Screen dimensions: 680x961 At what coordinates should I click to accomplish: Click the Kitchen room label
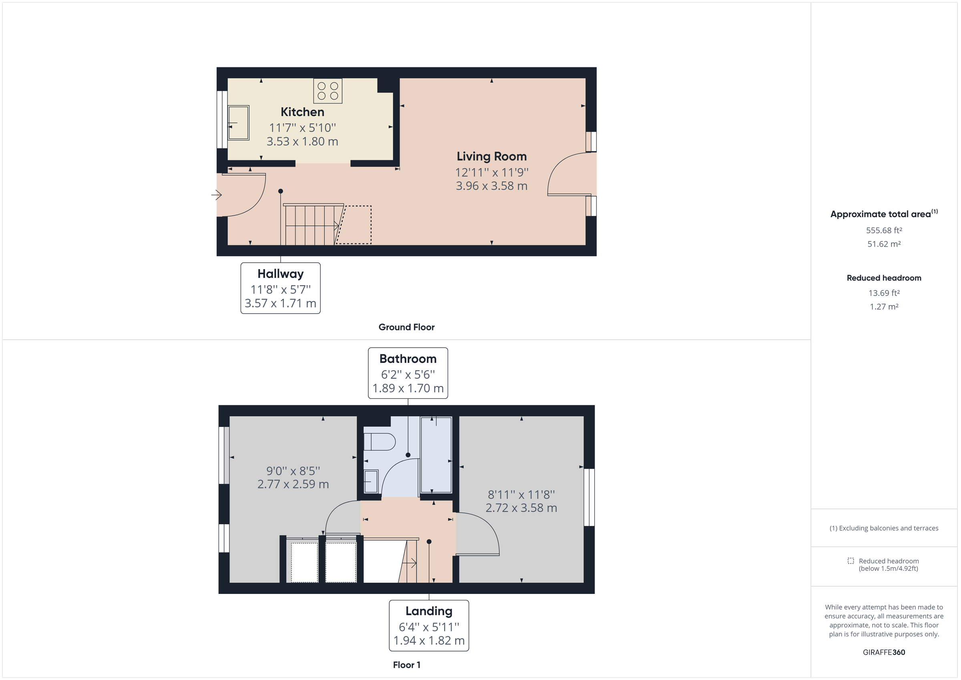click(x=302, y=112)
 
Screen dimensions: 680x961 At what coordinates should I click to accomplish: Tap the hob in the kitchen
click(x=328, y=91)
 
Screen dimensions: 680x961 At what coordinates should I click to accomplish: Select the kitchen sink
click(x=239, y=123)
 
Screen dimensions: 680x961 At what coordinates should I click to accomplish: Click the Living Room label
click(x=491, y=157)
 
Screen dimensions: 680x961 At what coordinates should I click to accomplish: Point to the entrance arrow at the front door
click(x=216, y=195)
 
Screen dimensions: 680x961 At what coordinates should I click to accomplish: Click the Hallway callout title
click(x=280, y=274)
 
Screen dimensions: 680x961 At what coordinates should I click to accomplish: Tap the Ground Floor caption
click(x=406, y=327)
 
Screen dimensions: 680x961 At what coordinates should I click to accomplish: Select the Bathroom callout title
click(x=408, y=359)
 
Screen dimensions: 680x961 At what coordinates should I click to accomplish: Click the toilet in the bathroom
click(x=379, y=442)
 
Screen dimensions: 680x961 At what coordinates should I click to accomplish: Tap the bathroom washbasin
click(x=371, y=481)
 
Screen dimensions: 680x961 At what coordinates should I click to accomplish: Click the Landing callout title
click(x=428, y=612)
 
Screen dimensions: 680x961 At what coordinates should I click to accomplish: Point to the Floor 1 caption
click(x=406, y=665)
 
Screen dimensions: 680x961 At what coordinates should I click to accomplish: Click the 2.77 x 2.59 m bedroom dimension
click(x=293, y=485)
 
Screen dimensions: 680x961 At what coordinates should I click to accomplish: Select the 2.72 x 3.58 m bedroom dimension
click(x=521, y=508)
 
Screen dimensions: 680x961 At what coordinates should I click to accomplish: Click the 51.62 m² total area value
click(x=884, y=244)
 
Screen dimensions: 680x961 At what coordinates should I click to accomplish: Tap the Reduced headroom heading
click(x=884, y=278)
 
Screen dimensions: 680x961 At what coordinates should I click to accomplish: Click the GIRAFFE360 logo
click(x=884, y=652)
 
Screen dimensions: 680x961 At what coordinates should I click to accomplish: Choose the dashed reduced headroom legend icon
click(x=850, y=561)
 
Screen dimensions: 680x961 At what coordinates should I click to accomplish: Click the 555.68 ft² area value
click(x=884, y=230)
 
